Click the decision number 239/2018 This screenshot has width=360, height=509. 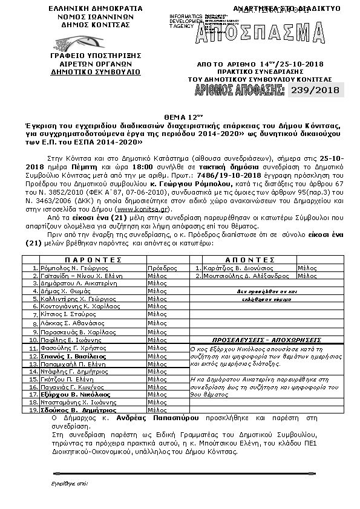pos(323,91)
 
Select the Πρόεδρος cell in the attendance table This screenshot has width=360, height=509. pos(159,267)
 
